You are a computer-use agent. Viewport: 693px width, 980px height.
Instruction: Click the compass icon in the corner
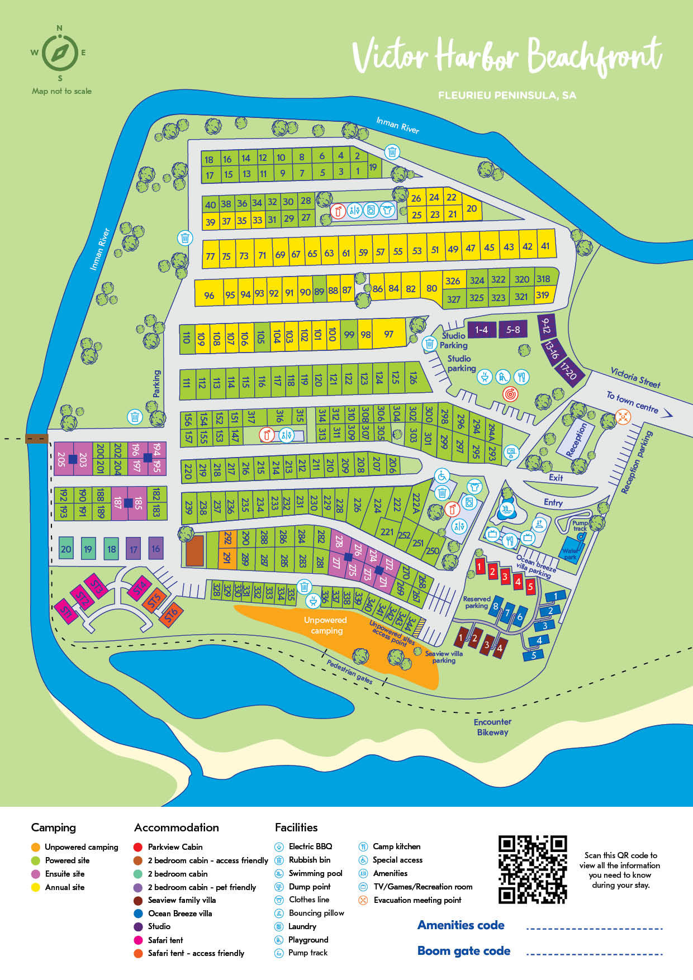click(x=60, y=53)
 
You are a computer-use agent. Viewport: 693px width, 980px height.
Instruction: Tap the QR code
click(x=532, y=869)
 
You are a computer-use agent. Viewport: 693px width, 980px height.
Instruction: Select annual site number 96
click(x=209, y=295)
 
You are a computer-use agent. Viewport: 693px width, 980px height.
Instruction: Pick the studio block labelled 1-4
click(x=481, y=330)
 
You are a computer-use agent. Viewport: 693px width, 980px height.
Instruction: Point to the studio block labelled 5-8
click(x=513, y=330)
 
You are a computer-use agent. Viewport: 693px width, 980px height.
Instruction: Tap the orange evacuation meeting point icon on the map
click(x=623, y=416)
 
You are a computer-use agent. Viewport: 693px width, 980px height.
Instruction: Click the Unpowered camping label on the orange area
click(x=326, y=625)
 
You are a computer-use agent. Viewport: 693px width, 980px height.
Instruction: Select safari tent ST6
click(x=171, y=613)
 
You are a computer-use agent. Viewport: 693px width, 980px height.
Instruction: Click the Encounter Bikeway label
click(x=492, y=727)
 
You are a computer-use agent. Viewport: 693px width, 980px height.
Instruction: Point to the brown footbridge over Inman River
click(x=37, y=439)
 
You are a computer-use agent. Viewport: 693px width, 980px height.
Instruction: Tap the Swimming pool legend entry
click(x=315, y=873)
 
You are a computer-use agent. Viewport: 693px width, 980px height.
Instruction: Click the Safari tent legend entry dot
click(x=138, y=940)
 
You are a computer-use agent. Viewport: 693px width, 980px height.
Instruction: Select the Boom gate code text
click(x=464, y=951)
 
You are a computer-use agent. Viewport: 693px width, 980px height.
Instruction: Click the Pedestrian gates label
click(x=350, y=671)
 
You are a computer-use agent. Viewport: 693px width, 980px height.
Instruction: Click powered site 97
click(x=388, y=334)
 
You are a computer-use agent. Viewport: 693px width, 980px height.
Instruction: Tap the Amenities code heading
click(x=461, y=925)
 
